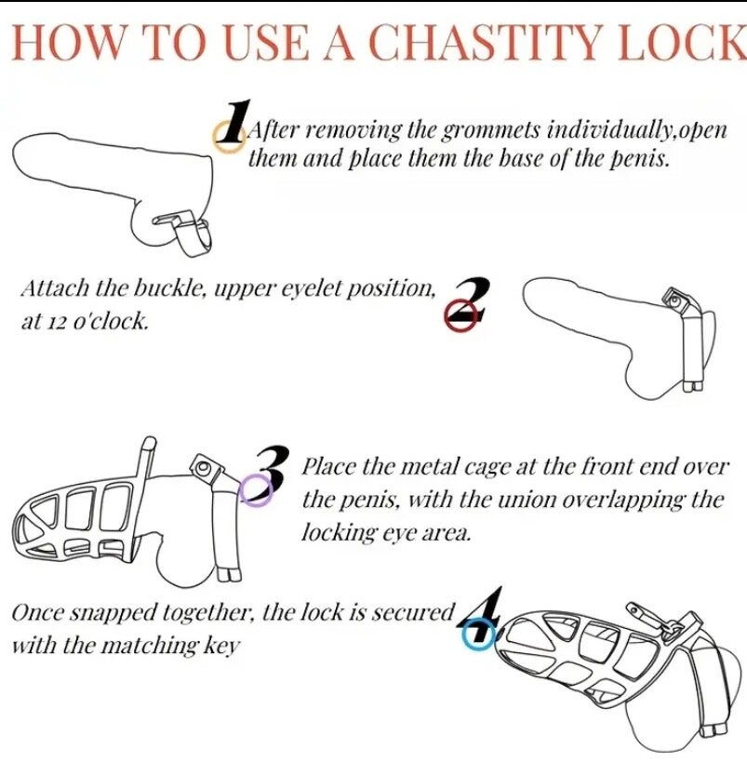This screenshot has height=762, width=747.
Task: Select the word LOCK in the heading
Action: pos(681,42)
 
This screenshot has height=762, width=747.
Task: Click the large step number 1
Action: pos(234,122)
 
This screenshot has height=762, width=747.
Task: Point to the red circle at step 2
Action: pos(460,316)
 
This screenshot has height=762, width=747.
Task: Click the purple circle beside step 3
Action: pos(255,489)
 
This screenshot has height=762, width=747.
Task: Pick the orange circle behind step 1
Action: pos(230,137)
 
